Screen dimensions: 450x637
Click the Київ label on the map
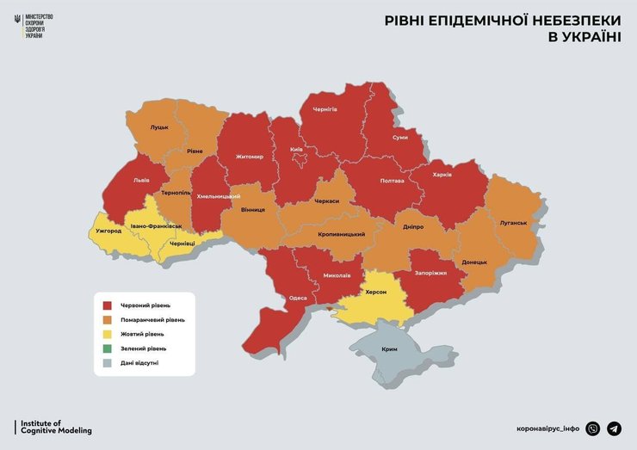point(296,149)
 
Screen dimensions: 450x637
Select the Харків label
point(442,175)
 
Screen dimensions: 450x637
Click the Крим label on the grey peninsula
point(391,350)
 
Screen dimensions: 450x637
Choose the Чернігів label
point(325,109)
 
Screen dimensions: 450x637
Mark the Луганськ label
point(513,222)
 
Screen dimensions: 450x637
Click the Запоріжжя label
point(431,273)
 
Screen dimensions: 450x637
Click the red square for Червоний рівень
point(108,305)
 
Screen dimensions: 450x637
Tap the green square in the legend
point(108,348)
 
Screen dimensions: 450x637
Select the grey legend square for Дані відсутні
point(108,363)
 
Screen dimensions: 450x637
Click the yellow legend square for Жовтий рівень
point(108,334)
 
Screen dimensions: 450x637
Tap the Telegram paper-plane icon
point(614,428)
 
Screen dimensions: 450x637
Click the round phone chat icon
point(592,428)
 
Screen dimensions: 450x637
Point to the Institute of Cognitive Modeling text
point(53,427)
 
